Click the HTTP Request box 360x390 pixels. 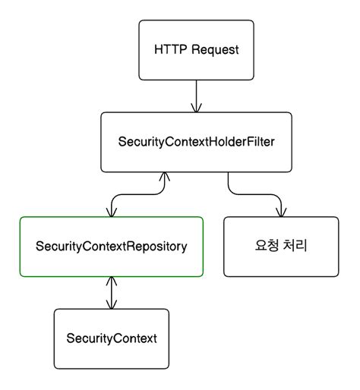pyautogui.click(x=196, y=50)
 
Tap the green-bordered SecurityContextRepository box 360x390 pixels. pyautogui.click(x=112, y=247)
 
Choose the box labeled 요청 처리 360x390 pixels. pyautogui.click(x=281, y=247)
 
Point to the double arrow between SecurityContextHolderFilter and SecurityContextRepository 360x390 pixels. pyautogui.click(x=137, y=193)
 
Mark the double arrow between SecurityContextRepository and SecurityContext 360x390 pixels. pyautogui.click(x=112, y=293)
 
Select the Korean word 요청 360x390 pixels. pyautogui.click(x=266, y=247)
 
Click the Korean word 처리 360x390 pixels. pyautogui.click(x=295, y=247)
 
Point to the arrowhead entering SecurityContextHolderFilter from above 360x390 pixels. pyautogui.click(x=196, y=108)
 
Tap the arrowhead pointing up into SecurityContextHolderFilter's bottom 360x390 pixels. pyautogui.click(x=162, y=178)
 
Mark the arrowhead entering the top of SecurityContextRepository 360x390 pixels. pyautogui.click(x=112, y=212)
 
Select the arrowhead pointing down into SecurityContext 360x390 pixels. pyautogui.click(x=112, y=305)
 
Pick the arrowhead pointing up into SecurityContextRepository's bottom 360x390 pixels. pyautogui.click(x=112, y=281)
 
